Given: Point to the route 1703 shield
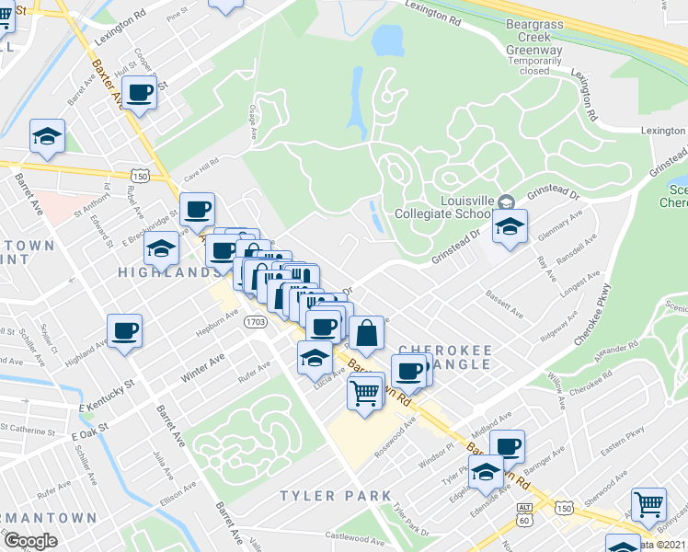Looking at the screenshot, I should pyautogui.click(x=256, y=322).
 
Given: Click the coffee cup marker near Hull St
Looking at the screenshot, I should pyautogui.click(x=139, y=95).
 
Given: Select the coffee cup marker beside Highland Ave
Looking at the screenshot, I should pyautogui.click(x=124, y=331).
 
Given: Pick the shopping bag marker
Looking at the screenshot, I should pyautogui.click(x=366, y=335).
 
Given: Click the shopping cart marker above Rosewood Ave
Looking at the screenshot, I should pyautogui.click(x=365, y=393).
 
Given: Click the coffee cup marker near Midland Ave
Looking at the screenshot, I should pyautogui.click(x=507, y=446).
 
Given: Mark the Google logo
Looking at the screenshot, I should pyautogui.click(x=30, y=540).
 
